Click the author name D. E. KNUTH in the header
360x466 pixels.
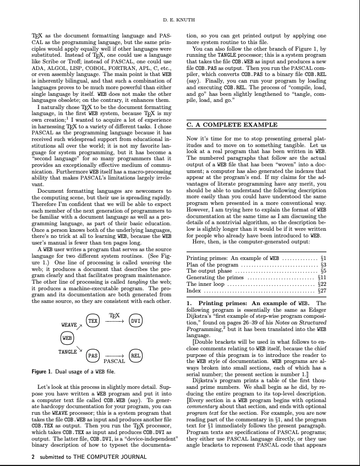point(179,20)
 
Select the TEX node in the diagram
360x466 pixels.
point(93,321)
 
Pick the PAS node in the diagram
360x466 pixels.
point(93,356)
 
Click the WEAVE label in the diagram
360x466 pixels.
point(68,325)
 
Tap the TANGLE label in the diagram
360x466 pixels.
point(67,350)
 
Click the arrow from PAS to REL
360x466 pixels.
point(114,356)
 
